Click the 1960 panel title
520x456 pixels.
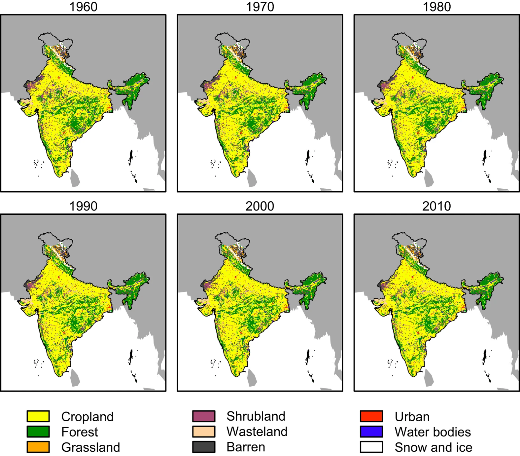[83, 7]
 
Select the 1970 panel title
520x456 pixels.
[260, 7]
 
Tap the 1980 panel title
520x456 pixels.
[437, 7]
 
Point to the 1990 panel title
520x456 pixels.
[83, 206]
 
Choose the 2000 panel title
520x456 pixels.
[260, 206]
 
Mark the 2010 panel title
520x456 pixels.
[437, 206]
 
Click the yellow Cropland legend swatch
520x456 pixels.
[38, 416]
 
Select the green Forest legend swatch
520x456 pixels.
[38, 432]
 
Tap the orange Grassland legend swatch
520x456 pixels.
[38, 447]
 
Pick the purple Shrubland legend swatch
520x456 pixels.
[204, 416]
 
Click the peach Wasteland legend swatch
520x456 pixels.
[204, 432]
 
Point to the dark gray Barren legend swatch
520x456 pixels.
[204, 447]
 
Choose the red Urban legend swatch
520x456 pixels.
[371, 416]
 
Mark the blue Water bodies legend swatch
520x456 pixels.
[371, 432]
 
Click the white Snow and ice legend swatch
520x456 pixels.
[371, 447]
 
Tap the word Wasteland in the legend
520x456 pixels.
[257, 432]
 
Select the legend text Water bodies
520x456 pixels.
[433, 432]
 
